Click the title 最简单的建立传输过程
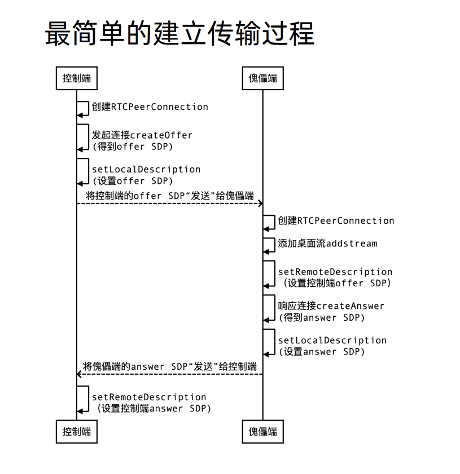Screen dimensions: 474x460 (x=179, y=33)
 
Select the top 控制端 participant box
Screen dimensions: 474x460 (x=77, y=78)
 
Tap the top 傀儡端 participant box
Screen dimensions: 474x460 (x=262, y=78)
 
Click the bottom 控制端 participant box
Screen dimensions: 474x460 (x=77, y=432)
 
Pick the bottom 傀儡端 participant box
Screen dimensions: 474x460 (x=262, y=432)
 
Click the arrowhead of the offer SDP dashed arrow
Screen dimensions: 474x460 (x=260, y=203)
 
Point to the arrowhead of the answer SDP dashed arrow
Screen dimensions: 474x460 (x=80, y=374)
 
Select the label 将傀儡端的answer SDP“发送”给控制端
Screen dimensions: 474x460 (x=170, y=366)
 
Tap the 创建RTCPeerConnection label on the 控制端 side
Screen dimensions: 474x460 (x=150, y=107)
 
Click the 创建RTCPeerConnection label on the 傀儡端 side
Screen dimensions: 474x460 (x=336, y=220)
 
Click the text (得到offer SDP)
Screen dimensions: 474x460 (x=132, y=147)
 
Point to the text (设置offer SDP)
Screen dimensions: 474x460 (x=132, y=181)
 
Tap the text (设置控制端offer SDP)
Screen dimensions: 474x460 (x=335, y=283)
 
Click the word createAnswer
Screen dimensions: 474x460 (x=350, y=306)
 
